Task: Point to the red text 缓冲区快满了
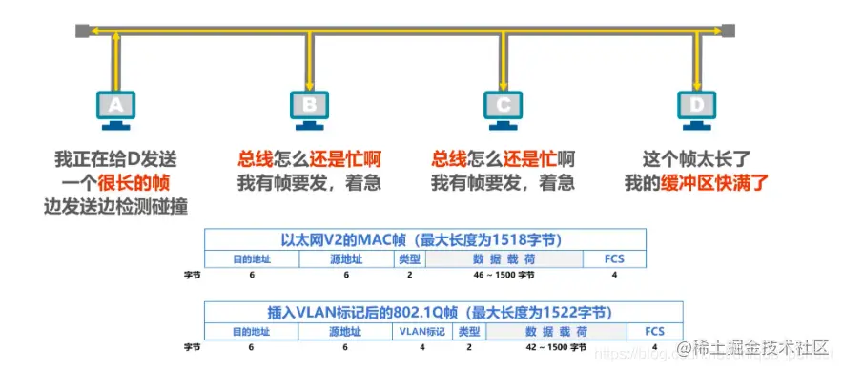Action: [715, 181]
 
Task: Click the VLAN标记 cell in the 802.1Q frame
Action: [422, 331]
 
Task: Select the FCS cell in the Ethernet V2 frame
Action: [615, 258]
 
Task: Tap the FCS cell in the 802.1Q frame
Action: [653, 331]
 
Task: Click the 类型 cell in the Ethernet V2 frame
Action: [409, 258]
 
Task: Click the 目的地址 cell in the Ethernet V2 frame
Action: [252, 258]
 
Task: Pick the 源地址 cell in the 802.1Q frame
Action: [346, 331]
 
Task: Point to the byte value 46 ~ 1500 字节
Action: [504, 275]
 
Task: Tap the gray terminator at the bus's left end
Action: [82, 31]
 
